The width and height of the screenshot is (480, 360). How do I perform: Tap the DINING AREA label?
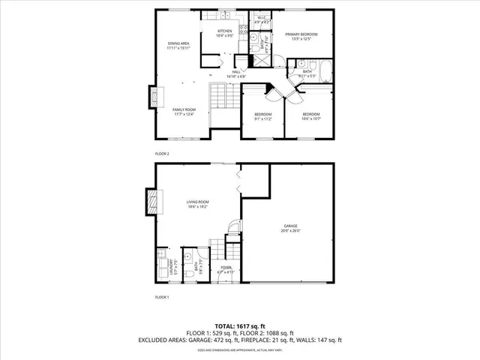(178, 45)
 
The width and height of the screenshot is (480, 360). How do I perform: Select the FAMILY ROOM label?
(184, 109)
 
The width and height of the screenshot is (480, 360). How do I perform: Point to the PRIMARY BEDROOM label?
(301, 34)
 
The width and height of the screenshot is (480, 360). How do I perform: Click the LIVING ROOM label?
(197, 202)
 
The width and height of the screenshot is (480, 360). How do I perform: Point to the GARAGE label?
(290, 226)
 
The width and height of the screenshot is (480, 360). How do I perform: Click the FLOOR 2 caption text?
(162, 153)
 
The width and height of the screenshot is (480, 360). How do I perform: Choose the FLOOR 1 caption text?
(162, 298)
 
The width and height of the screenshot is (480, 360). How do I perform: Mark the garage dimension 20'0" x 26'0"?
(290, 231)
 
